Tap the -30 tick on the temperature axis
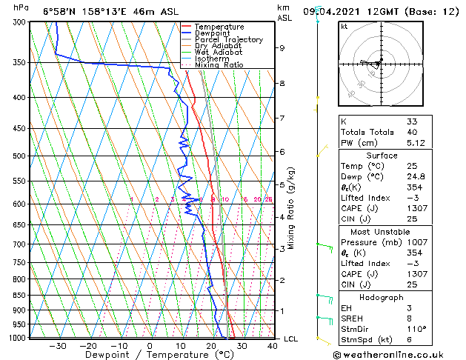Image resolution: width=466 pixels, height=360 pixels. (x=57, y=345)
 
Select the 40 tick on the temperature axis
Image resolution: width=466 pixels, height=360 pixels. (x=273, y=345)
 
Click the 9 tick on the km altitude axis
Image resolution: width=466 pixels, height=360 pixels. (x=282, y=48)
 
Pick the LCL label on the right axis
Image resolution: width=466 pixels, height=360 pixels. (x=291, y=339)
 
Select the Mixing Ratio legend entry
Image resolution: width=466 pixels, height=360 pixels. (x=219, y=65)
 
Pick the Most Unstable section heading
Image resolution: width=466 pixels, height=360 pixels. (x=382, y=231)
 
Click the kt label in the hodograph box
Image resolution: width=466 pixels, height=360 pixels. (x=344, y=27)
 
